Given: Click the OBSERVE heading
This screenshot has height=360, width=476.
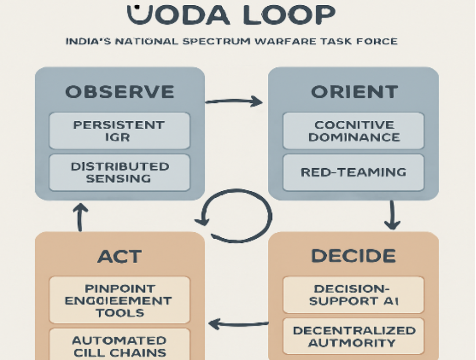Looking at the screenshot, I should (x=119, y=92).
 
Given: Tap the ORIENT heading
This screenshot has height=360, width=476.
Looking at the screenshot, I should (x=354, y=92).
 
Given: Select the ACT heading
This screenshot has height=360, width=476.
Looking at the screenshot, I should (x=119, y=256).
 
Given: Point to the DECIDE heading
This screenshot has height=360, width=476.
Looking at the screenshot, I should (x=353, y=255).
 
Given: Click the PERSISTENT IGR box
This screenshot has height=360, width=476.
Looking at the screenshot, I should (x=119, y=131).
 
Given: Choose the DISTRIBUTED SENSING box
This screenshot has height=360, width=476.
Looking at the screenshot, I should (x=119, y=172).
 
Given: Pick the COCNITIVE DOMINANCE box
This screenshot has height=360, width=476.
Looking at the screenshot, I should (x=353, y=131).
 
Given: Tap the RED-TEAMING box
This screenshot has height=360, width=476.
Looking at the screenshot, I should (x=353, y=172).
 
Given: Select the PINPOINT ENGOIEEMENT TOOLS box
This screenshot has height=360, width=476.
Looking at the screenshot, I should (x=119, y=300).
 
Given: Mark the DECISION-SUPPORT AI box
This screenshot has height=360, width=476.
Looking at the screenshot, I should (x=353, y=295).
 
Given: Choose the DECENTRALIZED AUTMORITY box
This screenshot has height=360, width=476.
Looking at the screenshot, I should (x=353, y=336).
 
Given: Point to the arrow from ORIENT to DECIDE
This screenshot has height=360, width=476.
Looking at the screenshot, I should (x=392, y=215).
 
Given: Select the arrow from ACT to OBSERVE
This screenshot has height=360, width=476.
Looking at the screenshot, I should (x=80, y=218).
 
